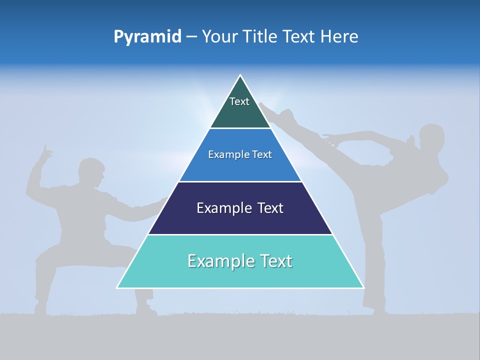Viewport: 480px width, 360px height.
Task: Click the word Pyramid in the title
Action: tap(147, 36)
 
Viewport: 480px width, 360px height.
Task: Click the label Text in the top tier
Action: tap(239, 101)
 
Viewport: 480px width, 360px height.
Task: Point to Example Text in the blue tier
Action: tap(240, 154)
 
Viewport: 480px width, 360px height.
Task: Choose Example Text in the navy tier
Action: tap(240, 208)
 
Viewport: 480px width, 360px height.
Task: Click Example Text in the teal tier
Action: tap(240, 261)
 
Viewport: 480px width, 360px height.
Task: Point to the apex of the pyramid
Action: tap(240, 75)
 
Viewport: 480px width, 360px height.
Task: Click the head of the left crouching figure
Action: tap(91, 172)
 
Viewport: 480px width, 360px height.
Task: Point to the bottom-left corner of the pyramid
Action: tap(117, 287)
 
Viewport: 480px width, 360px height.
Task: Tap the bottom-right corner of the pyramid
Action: tap(363, 287)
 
